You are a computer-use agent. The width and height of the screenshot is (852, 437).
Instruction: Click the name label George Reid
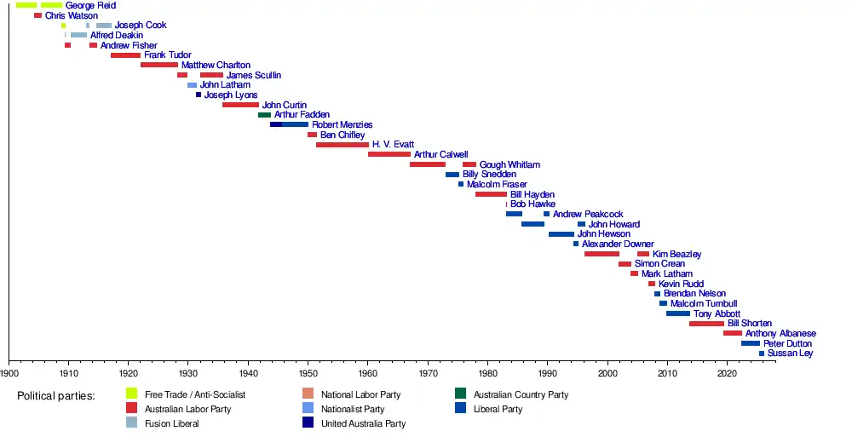(x=90, y=5)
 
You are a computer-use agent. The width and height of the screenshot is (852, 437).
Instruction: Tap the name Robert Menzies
(x=342, y=125)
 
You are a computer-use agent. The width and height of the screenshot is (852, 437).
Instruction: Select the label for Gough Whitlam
(x=509, y=164)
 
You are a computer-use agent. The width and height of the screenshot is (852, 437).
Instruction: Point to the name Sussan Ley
(x=790, y=354)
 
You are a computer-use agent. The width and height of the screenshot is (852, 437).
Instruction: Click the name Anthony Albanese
(x=780, y=334)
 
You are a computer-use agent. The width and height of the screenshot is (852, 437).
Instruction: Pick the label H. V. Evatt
(x=393, y=145)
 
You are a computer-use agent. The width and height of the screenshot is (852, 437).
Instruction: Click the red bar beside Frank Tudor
(x=125, y=55)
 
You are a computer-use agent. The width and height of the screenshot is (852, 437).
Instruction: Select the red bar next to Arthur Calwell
(x=389, y=155)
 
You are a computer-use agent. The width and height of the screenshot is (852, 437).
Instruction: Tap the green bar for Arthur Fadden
(x=264, y=115)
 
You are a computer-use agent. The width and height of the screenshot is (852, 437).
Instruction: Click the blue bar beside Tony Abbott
(x=678, y=314)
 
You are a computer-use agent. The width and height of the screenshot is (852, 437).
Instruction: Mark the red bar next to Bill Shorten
(x=706, y=324)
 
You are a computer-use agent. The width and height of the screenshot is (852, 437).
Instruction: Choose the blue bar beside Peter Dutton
(x=750, y=343)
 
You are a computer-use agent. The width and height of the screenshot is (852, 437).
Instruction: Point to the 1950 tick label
(x=308, y=373)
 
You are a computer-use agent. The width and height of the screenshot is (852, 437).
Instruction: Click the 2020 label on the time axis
(x=727, y=373)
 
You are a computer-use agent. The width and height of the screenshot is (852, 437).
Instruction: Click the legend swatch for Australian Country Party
(x=460, y=394)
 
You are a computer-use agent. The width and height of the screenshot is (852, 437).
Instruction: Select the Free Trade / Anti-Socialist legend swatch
(x=131, y=394)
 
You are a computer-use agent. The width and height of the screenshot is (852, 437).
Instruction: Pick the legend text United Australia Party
(x=363, y=423)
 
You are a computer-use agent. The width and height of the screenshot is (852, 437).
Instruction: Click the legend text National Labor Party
(x=360, y=395)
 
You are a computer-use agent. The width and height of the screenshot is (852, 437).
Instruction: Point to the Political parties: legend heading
(x=56, y=396)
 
